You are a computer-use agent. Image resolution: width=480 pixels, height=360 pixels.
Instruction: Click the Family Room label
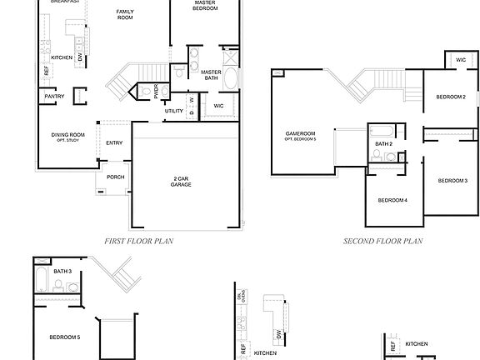pyautogui.click(x=125, y=14)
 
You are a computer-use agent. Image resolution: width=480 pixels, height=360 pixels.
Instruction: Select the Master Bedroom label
pyautogui.click(x=205, y=5)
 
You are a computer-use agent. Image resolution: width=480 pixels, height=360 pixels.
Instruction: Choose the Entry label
pyautogui.click(x=114, y=142)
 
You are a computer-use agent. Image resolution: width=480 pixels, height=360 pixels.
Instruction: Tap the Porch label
pyautogui.click(x=115, y=177)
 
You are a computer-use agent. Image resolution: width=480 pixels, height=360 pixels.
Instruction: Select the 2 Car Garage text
pyautogui.click(x=182, y=182)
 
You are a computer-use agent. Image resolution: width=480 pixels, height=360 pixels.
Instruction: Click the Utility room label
pyautogui.click(x=173, y=111)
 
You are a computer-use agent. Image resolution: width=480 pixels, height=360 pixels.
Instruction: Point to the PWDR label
pyautogui.click(x=157, y=89)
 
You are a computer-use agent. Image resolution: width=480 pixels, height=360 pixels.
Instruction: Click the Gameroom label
pyautogui.click(x=300, y=135)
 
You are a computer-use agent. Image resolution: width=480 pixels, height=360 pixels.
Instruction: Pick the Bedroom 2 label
pyautogui.click(x=451, y=97)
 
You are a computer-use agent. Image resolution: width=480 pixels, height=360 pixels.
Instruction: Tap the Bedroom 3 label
pyautogui.click(x=453, y=181)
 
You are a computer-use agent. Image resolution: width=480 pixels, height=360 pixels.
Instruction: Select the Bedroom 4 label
pyautogui.click(x=392, y=201)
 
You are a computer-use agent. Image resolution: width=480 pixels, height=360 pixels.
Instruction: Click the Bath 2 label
pyautogui.click(x=383, y=144)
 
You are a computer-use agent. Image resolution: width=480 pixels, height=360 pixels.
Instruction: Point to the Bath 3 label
pyautogui.click(x=62, y=272)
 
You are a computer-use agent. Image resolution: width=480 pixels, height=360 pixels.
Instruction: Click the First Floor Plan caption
pyautogui.click(x=138, y=242)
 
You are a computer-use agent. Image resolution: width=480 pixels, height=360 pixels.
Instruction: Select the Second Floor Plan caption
pyautogui.click(x=383, y=242)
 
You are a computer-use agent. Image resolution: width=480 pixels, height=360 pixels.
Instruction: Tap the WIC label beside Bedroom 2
pyautogui.click(x=461, y=60)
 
